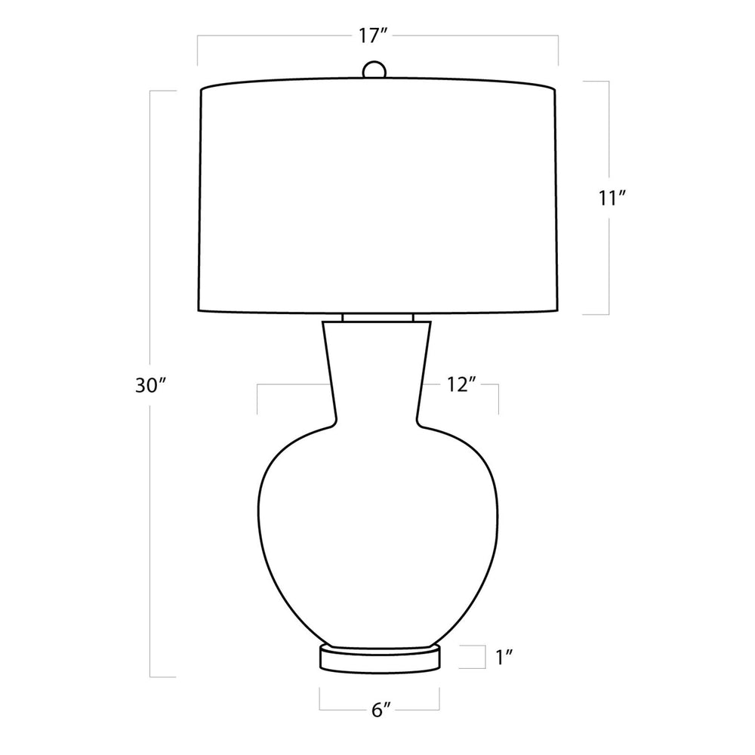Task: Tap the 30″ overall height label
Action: pos(150,386)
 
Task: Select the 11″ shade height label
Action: pos(612,198)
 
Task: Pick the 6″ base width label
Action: pos(381,710)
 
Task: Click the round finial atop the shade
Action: pos(374,69)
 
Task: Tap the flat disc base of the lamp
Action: pos(380,658)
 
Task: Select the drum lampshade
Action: pos(377,196)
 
